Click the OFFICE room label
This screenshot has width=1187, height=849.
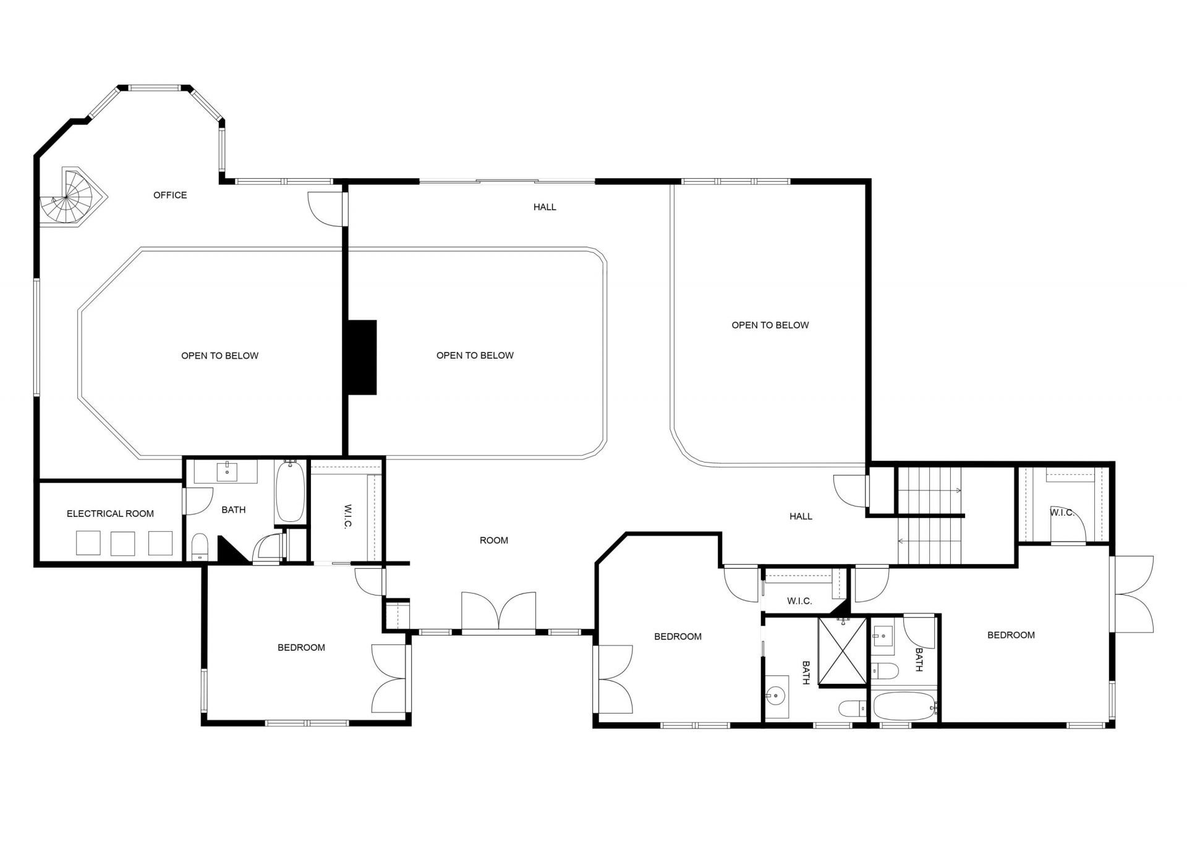170,195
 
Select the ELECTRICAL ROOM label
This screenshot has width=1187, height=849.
110,514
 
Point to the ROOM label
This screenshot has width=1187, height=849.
494,540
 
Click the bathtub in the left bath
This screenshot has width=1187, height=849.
290,491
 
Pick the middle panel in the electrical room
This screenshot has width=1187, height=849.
122,543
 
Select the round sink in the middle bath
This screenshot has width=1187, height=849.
775,696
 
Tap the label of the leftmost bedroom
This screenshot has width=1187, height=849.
301,648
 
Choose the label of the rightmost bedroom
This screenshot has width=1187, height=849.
1011,635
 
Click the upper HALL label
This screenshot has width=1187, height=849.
545,207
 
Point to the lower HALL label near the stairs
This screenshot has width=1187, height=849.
801,516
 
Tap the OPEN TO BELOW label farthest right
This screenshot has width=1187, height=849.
770,325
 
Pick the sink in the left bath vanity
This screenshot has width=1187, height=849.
227,471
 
